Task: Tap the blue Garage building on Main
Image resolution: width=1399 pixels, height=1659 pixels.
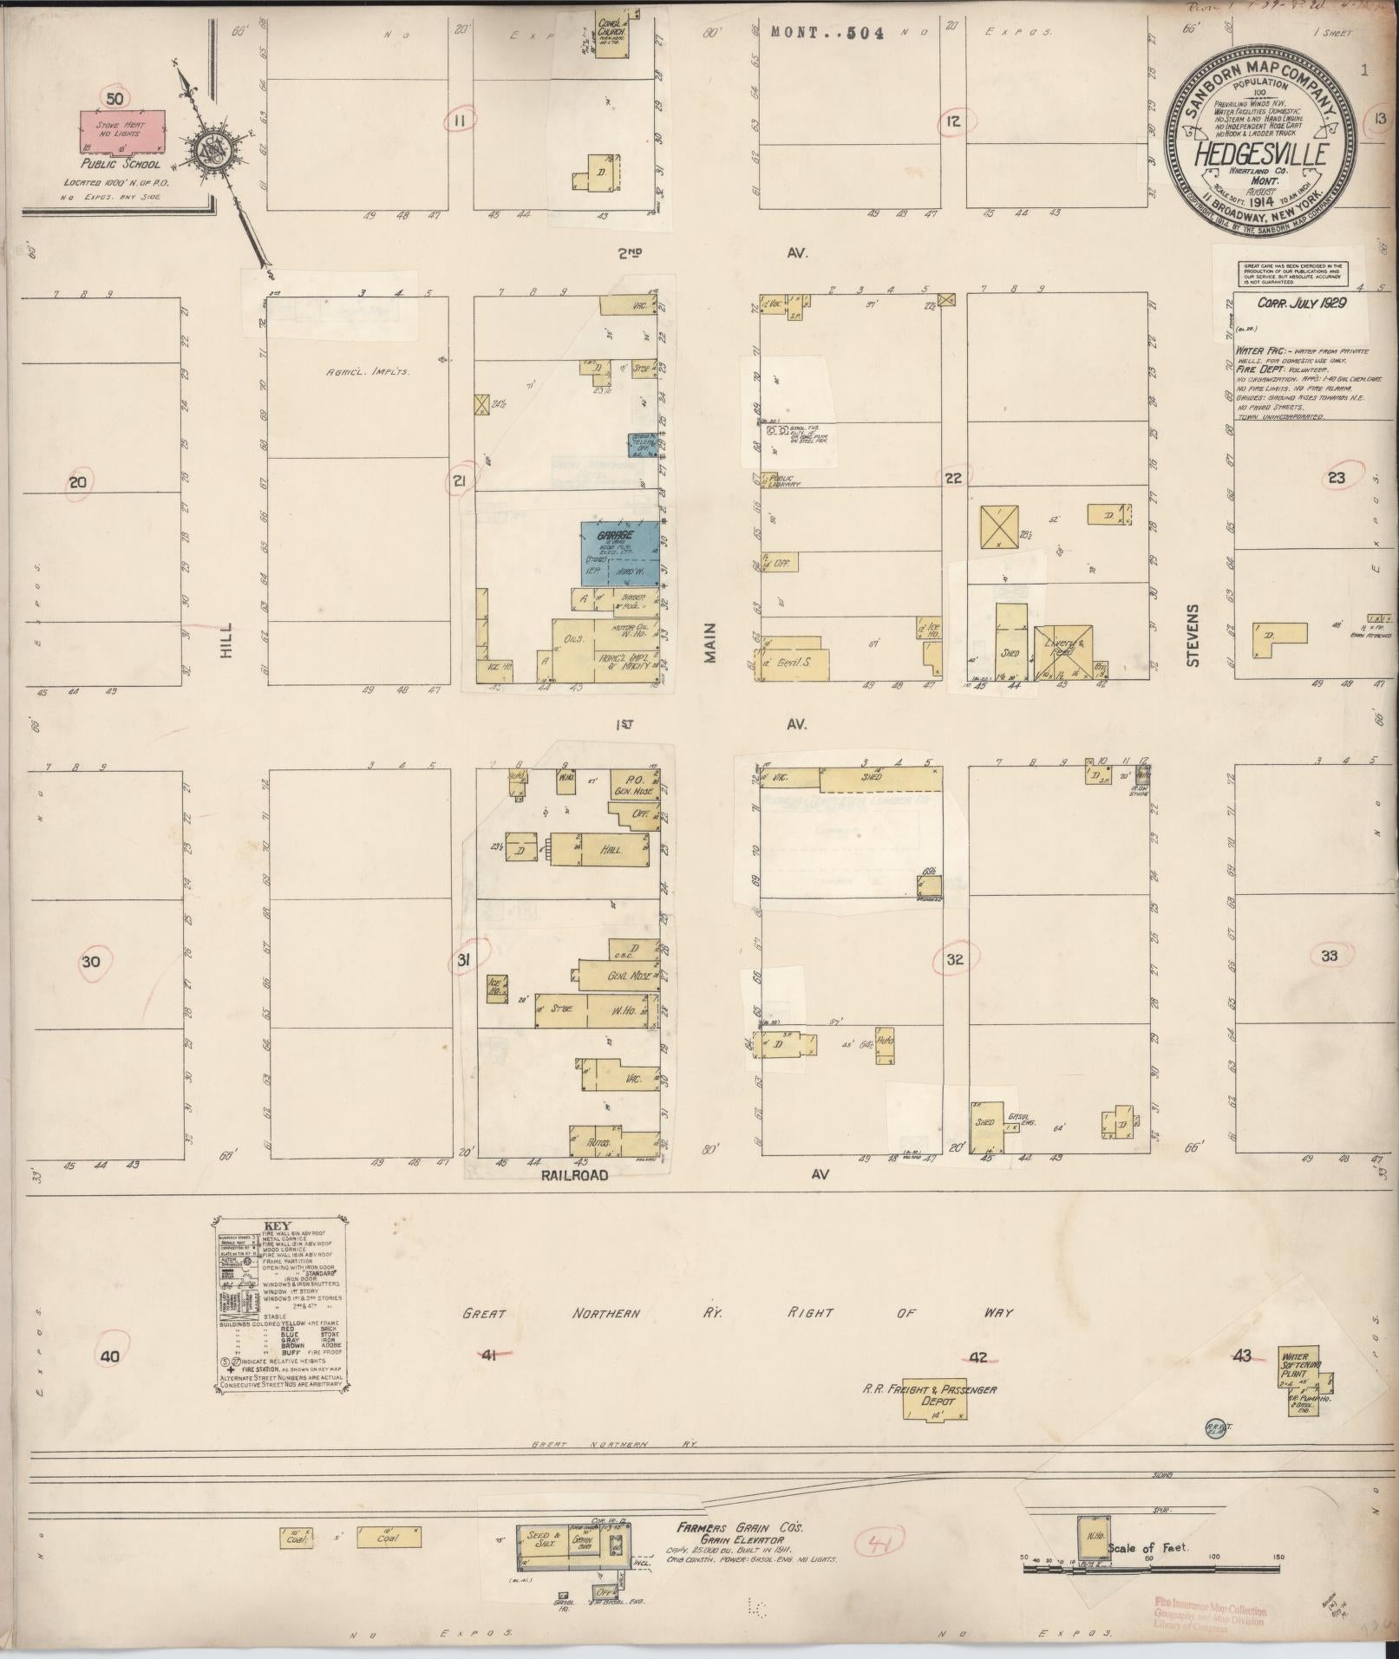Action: click(619, 552)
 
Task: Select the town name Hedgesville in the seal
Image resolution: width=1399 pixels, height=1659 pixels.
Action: click(1262, 154)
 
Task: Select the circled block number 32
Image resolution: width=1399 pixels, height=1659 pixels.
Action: click(955, 959)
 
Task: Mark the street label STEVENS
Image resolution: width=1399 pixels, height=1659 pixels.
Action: click(1193, 636)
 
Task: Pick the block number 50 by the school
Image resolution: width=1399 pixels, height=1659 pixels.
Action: click(114, 97)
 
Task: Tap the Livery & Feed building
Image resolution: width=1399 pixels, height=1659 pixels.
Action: click(1062, 649)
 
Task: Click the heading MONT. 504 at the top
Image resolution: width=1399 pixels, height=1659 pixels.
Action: click(827, 33)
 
